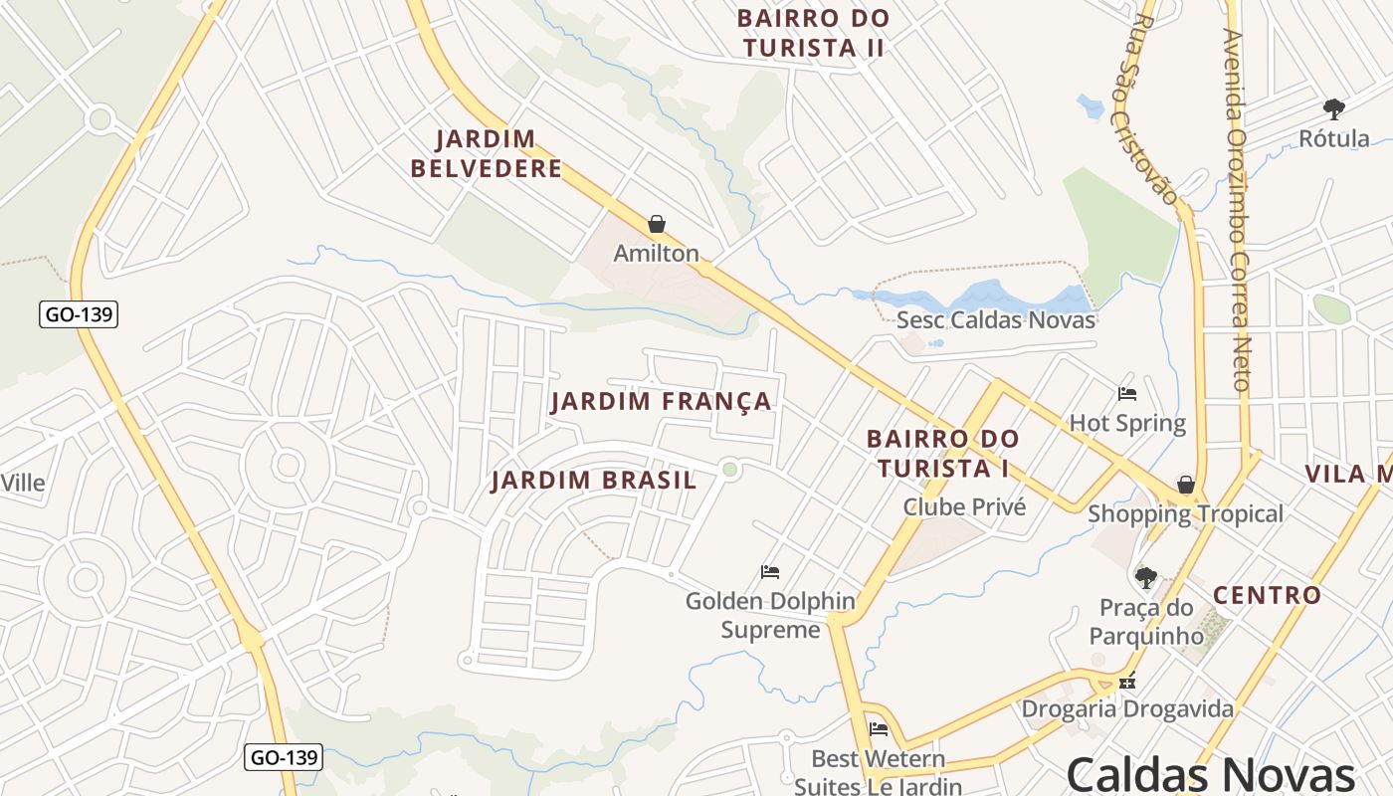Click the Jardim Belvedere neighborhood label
click(487, 154)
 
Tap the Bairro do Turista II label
click(813, 33)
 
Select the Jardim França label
click(661, 401)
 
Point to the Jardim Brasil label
click(594, 481)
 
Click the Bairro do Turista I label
click(942, 453)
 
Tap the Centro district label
click(1267, 596)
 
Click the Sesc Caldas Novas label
click(995, 320)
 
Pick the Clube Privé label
click(964, 507)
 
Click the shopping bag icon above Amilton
click(656, 224)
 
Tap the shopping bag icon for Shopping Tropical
click(1185, 485)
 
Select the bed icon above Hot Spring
click(1126, 394)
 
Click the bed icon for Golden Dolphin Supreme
click(769, 572)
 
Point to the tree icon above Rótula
click(1333, 108)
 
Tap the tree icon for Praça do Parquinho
click(1146, 577)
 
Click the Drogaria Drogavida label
click(1127, 709)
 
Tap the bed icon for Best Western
click(878, 729)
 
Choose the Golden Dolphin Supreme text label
click(770, 616)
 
